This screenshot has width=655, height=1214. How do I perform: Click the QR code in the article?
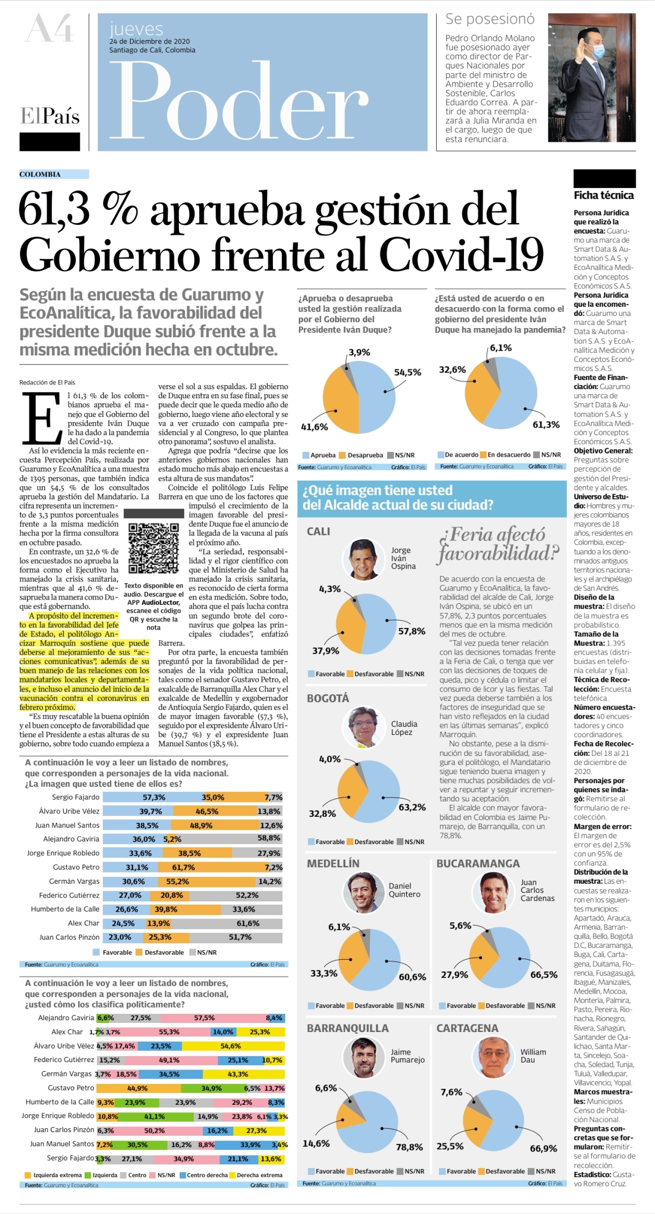[154, 548]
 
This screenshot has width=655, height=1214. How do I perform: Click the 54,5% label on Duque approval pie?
[407, 372]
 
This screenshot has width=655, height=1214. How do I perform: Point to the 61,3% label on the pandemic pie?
[546, 424]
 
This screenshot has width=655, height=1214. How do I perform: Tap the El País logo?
[50, 116]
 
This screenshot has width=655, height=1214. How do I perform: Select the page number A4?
[49, 28]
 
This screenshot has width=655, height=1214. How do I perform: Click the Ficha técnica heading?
[604, 195]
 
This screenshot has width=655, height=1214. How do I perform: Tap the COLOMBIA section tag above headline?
[40, 174]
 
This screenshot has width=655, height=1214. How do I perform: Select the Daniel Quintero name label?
[405, 890]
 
